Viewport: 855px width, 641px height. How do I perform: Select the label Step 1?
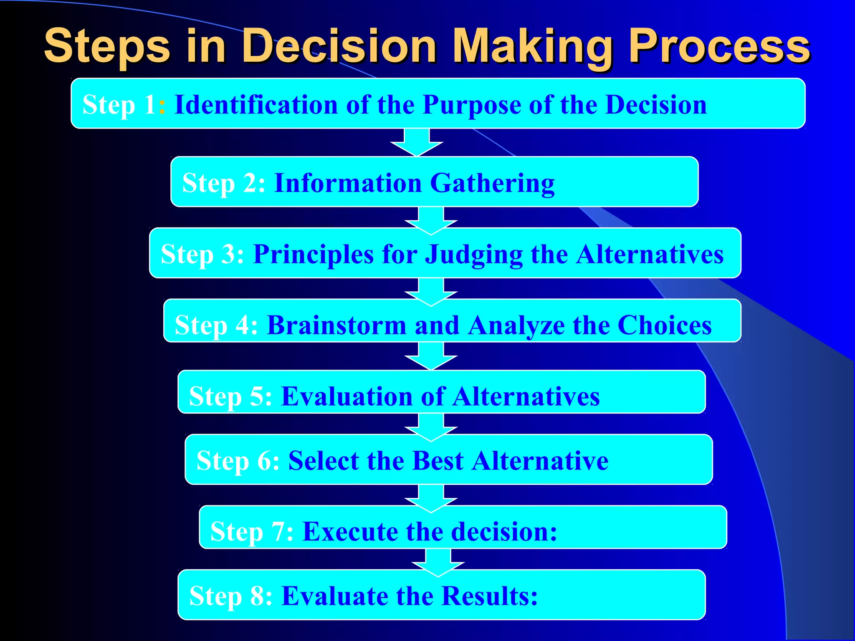(x=119, y=104)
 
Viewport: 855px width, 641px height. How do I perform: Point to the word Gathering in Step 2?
(x=492, y=184)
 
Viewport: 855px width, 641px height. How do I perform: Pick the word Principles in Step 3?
(x=314, y=254)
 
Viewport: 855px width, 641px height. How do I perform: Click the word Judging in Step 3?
(x=474, y=255)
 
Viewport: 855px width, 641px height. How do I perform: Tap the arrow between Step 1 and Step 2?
(x=417, y=142)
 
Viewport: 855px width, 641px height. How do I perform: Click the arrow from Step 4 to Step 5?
(x=431, y=356)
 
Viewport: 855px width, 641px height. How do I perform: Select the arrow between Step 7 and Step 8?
(x=438, y=563)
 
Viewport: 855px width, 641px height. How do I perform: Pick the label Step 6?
(x=238, y=461)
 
